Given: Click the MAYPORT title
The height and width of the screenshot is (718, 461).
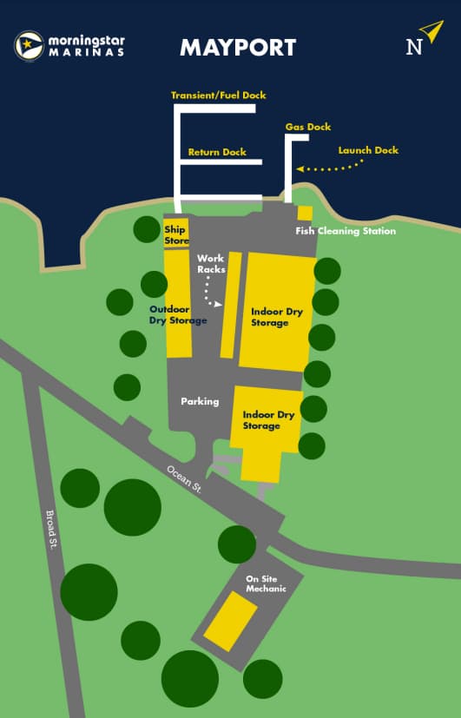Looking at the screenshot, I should [x=237, y=47].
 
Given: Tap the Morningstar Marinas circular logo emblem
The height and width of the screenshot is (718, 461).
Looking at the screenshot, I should [x=30, y=45].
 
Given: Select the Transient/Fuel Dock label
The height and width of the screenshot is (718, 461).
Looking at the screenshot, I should [x=218, y=95].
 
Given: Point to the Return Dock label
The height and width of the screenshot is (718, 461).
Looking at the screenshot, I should [x=217, y=152].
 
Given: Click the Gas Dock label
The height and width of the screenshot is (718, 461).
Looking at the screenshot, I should [x=308, y=127].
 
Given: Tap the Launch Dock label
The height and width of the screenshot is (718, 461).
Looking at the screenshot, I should [x=368, y=150].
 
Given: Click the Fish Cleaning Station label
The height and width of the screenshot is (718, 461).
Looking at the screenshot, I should [x=346, y=231].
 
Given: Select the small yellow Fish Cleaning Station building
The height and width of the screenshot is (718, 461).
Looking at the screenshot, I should [x=305, y=213].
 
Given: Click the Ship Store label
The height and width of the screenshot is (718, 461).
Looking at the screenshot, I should [x=176, y=234].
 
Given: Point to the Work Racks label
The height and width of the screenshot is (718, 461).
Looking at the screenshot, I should [x=211, y=264].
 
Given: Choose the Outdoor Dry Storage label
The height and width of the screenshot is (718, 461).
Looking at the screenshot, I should [x=178, y=314].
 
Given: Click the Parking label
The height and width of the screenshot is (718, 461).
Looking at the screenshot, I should [x=200, y=401].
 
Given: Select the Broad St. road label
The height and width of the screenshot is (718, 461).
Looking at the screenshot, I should [x=51, y=530].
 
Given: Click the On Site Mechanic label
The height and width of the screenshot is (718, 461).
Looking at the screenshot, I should [x=266, y=583].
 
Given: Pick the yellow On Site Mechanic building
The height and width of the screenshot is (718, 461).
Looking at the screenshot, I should [x=230, y=621].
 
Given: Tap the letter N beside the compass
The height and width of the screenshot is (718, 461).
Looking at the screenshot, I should [x=414, y=47].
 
